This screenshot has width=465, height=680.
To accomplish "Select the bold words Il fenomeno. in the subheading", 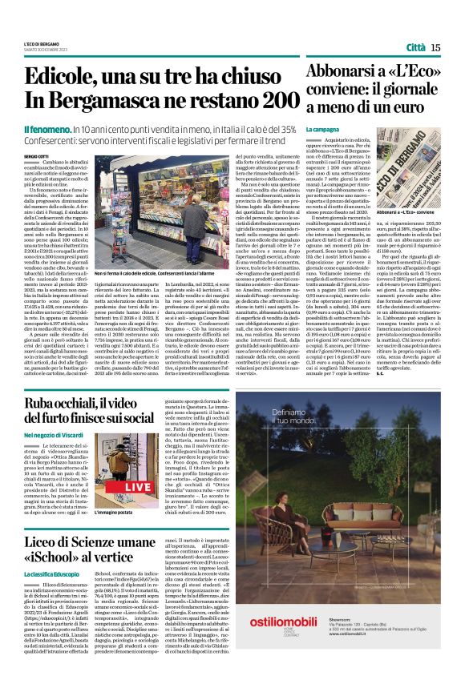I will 48,130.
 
